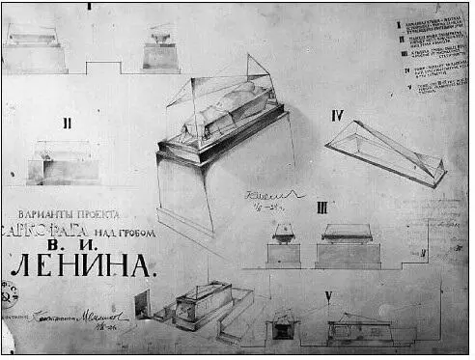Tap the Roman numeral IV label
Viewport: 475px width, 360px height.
(338, 117)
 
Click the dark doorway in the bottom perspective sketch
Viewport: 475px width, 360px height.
(143, 304)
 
